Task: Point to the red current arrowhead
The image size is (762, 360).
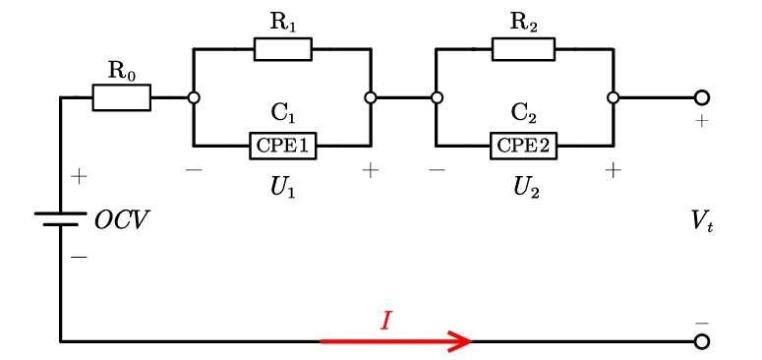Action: [x=460, y=341]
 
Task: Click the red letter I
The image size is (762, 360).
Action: [x=384, y=321]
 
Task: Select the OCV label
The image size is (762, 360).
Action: [x=120, y=221]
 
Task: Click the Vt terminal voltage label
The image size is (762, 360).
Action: [x=703, y=224]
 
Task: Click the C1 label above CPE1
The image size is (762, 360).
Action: [x=283, y=115]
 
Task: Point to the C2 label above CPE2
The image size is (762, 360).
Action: [x=525, y=115]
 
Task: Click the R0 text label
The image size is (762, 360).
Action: [x=122, y=71]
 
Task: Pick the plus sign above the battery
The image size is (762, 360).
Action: [x=79, y=176]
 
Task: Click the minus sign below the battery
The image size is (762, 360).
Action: [x=79, y=257]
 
